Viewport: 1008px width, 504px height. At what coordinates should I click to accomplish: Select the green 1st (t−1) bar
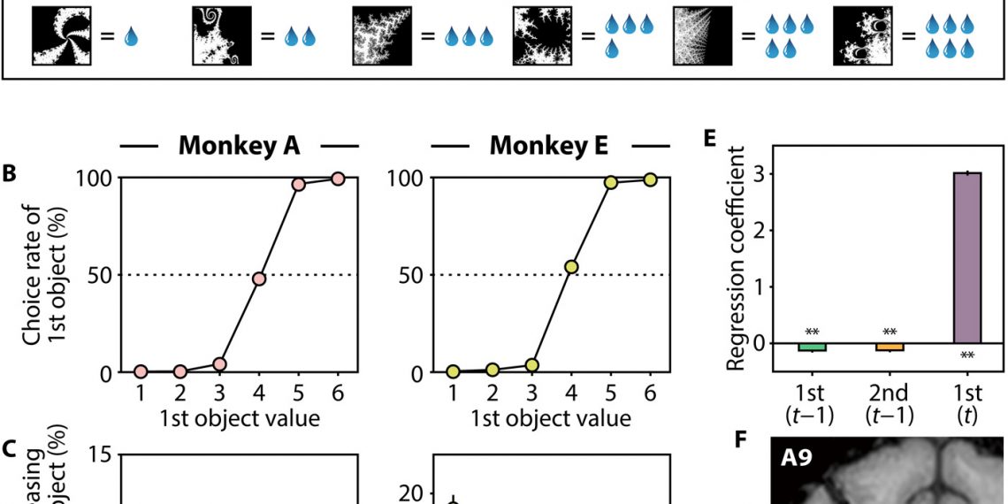coord(812,347)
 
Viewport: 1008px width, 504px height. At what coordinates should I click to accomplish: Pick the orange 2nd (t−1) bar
coord(890,347)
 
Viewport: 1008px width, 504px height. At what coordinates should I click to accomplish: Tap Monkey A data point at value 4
coord(259,279)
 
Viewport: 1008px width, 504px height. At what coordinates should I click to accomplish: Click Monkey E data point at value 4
coord(571,266)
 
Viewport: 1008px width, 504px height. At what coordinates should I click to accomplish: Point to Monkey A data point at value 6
coord(338,179)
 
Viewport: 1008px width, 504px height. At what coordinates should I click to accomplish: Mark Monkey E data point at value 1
coord(454,372)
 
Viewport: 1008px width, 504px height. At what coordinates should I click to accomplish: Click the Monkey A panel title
coord(240,146)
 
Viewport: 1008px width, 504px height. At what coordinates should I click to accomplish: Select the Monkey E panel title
coord(549,146)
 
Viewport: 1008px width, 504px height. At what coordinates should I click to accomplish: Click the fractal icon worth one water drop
coord(56,36)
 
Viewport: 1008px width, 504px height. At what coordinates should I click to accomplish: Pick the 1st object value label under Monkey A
coord(240,418)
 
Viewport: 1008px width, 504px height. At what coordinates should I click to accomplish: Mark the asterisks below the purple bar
coord(968,356)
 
